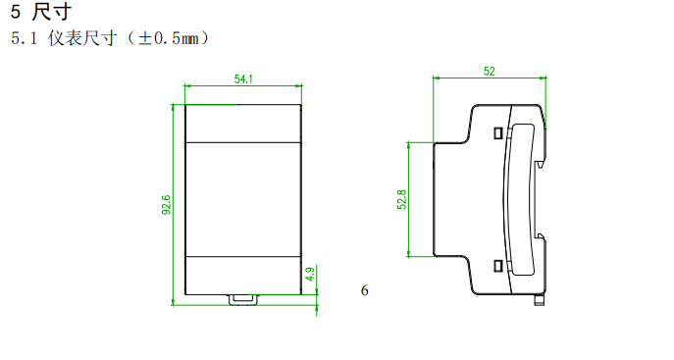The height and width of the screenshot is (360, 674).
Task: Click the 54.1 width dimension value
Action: tap(243, 79)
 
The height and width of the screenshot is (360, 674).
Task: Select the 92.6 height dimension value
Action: tap(167, 205)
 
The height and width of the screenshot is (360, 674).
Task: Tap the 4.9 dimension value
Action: tap(310, 274)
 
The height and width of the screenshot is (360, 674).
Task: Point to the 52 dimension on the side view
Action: tap(490, 72)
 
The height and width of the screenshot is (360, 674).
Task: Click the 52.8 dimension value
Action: tap(402, 199)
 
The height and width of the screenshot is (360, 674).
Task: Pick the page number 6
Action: tap(365, 290)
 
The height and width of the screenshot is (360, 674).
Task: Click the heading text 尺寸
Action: tap(52, 12)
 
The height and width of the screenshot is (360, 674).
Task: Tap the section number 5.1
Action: tap(25, 38)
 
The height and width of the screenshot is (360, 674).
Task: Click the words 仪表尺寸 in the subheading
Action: tap(82, 38)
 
